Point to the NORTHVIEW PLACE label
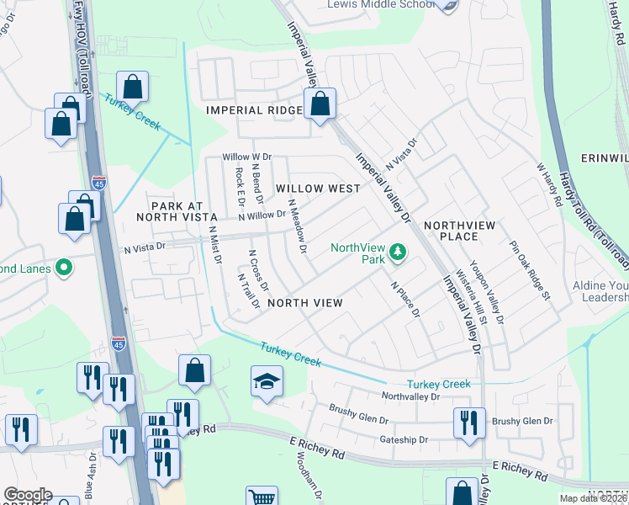tap(462, 231)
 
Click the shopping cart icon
tap(262, 497)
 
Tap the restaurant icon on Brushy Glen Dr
tap(468, 422)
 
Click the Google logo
tap(28, 495)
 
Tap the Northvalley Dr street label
tap(410, 396)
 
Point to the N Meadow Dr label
tap(296, 225)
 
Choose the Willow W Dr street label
tap(246, 157)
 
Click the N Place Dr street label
tap(405, 299)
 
